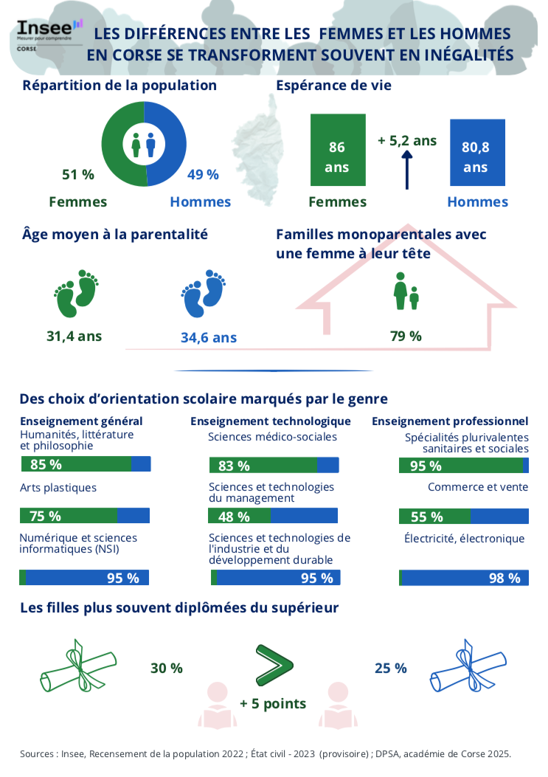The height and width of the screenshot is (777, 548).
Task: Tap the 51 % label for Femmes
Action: (x=77, y=175)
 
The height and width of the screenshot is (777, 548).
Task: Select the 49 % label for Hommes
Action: (x=203, y=175)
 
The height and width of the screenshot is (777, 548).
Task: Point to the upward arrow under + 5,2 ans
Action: (x=406, y=169)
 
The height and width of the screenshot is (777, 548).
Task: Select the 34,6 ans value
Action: (x=209, y=338)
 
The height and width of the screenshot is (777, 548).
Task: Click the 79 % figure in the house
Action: (x=406, y=336)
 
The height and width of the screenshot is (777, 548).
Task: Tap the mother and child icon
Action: (x=406, y=291)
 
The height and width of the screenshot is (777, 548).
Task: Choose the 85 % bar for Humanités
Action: (x=85, y=464)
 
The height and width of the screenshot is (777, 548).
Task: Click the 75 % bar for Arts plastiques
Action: (x=85, y=516)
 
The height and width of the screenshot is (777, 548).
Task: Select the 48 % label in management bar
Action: (x=233, y=517)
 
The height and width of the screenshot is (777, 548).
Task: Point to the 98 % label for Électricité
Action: (x=504, y=578)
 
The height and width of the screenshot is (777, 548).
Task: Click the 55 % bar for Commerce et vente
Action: (x=463, y=517)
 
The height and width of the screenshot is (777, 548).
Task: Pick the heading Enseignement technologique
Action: (x=270, y=421)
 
